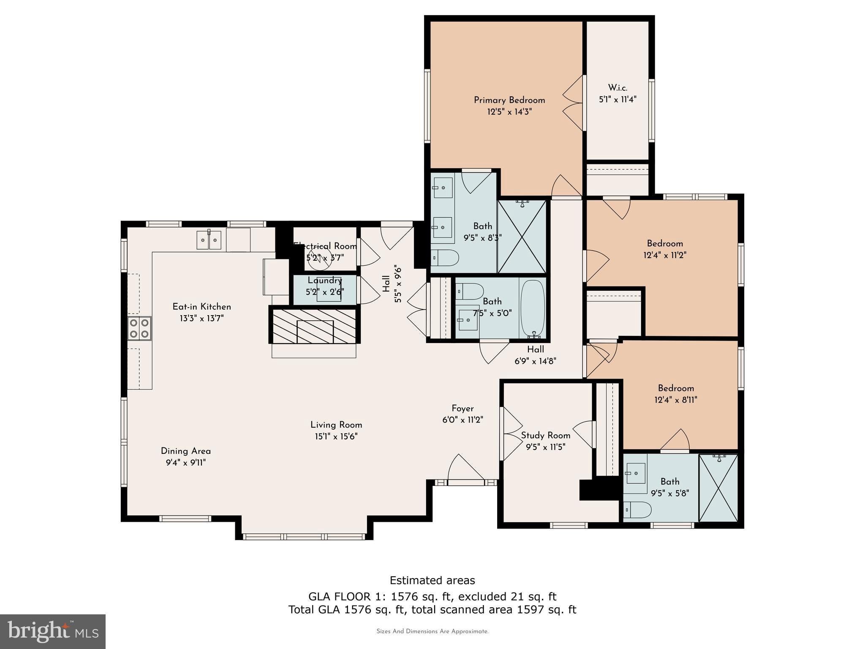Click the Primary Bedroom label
[x=509, y=100]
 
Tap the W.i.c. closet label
[x=617, y=88]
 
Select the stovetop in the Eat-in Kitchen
[x=139, y=328]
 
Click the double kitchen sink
[x=209, y=240]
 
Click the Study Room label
[x=546, y=436]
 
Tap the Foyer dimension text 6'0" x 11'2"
[x=462, y=420]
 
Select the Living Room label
[x=336, y=425]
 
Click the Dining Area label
[x=186, y=451]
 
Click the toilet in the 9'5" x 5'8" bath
[x=637, y=510]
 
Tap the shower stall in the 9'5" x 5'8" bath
[x=718, y=488]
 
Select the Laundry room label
[x=325, y=281]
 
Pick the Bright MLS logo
[x=53, y=631]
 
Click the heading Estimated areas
[x=432, y=581]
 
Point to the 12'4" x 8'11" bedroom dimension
[x=676, y=400]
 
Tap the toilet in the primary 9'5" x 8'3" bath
[x=445, y=258]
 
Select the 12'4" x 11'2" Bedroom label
[x=665, y=244]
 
